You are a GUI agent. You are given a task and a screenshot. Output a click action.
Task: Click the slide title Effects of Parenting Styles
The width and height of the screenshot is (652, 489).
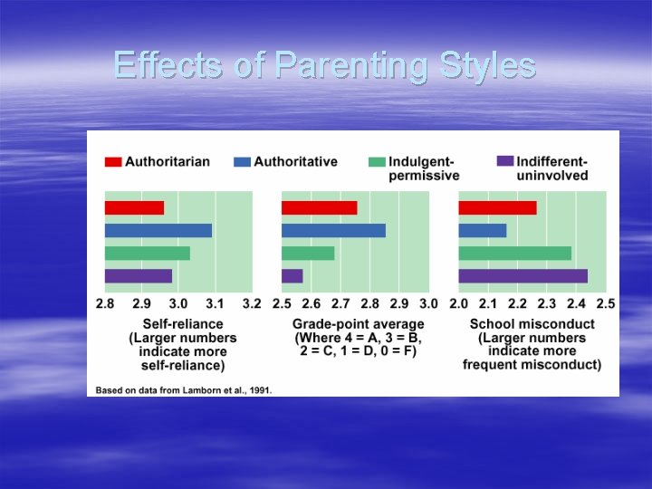(x=325, y=65)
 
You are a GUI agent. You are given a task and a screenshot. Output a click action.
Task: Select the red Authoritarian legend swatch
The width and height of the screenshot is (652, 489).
(x=113, y=162)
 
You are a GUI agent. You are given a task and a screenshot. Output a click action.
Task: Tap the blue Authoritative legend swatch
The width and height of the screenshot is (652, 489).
(x=242, y=162)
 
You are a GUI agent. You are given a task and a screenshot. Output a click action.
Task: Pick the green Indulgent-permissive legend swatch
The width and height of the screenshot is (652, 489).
(x=377, y=162)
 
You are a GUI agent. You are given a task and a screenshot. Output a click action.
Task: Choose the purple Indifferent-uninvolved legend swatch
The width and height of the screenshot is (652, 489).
(x=504, y=161)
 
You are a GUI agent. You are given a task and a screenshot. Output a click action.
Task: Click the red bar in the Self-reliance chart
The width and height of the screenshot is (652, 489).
(x=134, y=207)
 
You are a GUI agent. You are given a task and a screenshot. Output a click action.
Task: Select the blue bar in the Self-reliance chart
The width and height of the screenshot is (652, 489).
(x=158, y=230)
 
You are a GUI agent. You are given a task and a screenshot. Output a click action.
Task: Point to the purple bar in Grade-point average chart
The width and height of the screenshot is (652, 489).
(x=292, y=275)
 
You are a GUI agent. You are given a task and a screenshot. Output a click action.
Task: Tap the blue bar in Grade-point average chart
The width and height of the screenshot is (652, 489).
(x=333, y=230)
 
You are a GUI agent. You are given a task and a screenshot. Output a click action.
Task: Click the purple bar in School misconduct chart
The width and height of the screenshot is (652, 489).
(x=523, y=275)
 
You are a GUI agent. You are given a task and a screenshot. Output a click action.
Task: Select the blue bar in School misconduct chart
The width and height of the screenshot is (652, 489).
(x=483, y=230)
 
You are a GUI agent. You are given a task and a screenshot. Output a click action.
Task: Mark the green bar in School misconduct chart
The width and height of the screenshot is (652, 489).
(x=514, y=253)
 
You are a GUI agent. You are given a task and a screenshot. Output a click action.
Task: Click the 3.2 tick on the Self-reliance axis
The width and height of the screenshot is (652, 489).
(x=251, y=303)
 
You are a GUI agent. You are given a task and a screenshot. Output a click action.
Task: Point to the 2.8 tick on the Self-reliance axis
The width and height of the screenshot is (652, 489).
(x=105, y=303)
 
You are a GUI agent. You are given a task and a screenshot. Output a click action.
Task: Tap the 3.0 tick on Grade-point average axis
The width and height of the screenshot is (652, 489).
(x=427, y=303)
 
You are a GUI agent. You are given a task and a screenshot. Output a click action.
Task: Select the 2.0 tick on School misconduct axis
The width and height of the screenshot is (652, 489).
(x=458, y=303)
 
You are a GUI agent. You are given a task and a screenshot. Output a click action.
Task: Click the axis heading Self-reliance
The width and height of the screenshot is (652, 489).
(x=182, y=324)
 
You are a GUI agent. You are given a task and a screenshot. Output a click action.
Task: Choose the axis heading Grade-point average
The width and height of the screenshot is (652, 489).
(x=358, y=324)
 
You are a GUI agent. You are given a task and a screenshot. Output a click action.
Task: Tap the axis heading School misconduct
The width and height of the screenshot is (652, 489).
(x=532, y=324)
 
